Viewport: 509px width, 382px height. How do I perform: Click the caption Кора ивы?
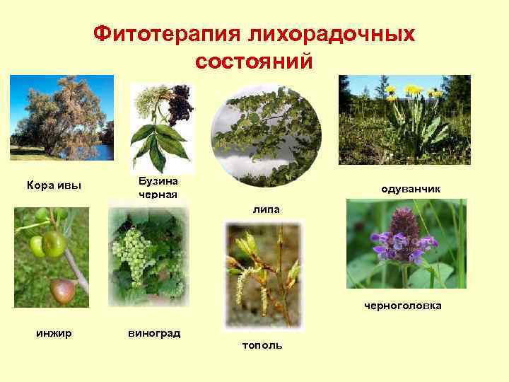click(54, 185)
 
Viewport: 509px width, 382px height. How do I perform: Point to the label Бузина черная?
click(158, 188)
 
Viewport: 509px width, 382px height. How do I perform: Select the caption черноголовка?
click(403, 306)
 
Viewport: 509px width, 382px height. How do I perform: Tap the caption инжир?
click(52, 332)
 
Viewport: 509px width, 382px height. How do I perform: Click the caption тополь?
click(262, 345)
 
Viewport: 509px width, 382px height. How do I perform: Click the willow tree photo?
click(62, 117)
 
